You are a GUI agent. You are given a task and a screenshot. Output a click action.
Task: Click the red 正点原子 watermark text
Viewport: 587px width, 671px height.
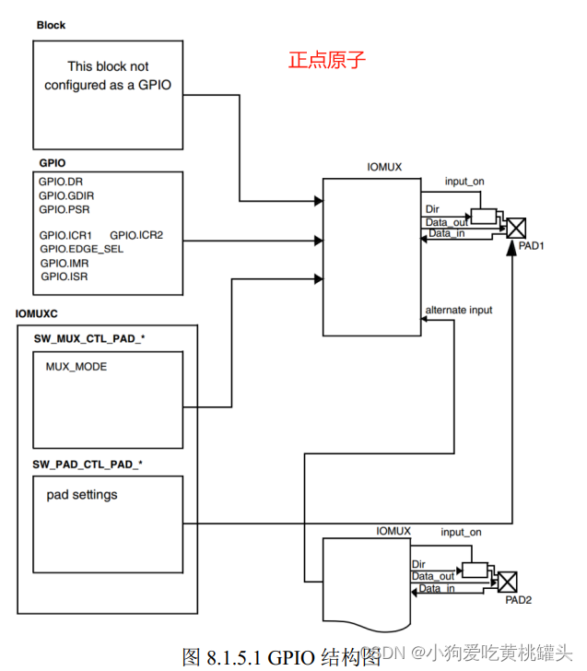[x=327, y=61]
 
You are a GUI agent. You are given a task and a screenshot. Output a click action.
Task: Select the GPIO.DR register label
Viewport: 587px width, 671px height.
[x=61, y=182]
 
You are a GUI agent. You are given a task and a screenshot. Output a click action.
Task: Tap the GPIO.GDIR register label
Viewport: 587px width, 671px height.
[x=66, y=195]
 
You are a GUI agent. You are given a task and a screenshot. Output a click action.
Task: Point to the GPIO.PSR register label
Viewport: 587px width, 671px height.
[x=64, y=209]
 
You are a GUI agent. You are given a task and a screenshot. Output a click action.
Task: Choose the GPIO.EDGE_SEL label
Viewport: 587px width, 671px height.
[x=81, y=249]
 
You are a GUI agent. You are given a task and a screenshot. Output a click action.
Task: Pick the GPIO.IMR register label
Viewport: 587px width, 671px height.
[x=65, y=263]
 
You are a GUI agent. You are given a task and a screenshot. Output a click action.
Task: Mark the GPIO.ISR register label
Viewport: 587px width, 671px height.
[x=65, y=277]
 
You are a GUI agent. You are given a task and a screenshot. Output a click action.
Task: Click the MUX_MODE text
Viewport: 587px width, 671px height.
[x=76, y=367]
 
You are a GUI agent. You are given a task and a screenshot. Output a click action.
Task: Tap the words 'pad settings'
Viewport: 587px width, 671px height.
[x=82, y=495]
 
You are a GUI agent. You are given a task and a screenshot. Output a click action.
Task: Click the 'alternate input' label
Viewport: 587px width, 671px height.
[x=459, y=310]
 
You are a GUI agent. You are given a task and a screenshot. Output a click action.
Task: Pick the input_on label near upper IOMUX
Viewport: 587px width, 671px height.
[x=464, y=181]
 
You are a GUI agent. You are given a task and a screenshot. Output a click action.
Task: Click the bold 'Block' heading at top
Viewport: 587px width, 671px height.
[x=51, y=25]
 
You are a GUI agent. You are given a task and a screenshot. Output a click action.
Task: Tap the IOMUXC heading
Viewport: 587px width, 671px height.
[x=37, y=314]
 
